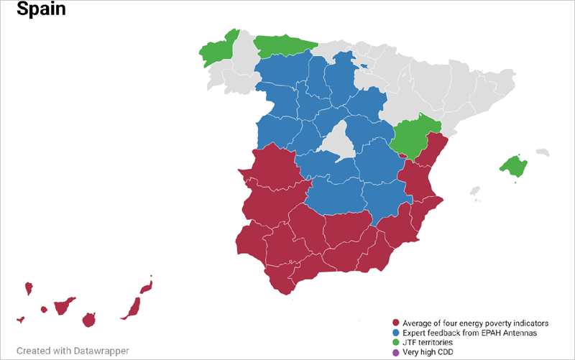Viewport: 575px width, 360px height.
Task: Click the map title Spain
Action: pyautogui.click(x=41, y=10)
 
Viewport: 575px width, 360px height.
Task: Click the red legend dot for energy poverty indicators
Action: pyautogui.click(x=395, y=323)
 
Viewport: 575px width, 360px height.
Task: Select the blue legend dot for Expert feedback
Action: pyautogui.click(x=395, y=333)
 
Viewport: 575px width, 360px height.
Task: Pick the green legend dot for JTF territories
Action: pyautogui.click(x=395, y=343)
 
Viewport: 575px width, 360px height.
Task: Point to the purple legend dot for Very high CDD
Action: pyautogui.click(x=395, y=352)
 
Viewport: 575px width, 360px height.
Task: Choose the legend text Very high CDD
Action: pyautogui.click(x=431, y=352)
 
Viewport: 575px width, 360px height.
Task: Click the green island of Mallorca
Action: pyautogui.click(x=513, y=166)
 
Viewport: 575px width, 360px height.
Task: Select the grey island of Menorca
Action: pyautogui.click(x=543, y=152)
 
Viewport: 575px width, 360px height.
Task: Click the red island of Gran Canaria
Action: pyautogui.click(x=89, y=319)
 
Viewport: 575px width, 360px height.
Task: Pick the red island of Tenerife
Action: pyautogui.click(x=62, y=305)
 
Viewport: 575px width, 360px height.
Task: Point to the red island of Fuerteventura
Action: pyautogui.click(x=132, y=308)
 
